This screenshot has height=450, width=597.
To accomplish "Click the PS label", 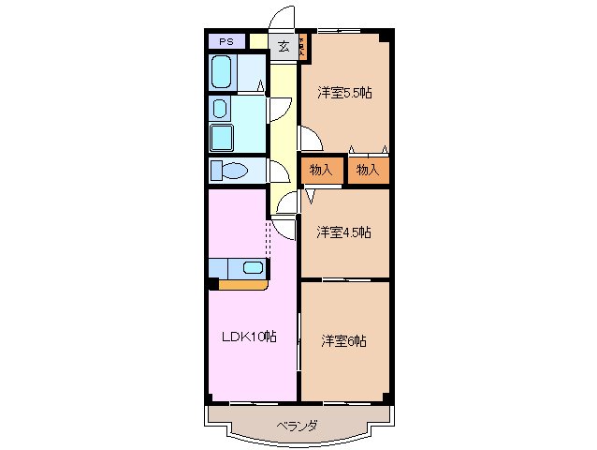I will pyautogui.click(x=226, y=41).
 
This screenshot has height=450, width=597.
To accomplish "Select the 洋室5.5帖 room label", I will pyautogui.click(x=343, y=92).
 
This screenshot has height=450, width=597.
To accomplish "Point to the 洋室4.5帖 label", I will pyautogui.click(x=343, y=232).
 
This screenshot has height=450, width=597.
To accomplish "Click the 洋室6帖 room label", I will pyautogui.click(x=343, y=340).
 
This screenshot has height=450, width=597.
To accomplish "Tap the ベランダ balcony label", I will pyautogui.click(x=298, y=425).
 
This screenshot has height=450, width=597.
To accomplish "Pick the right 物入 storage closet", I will pyautogui.click(x=368, y=170).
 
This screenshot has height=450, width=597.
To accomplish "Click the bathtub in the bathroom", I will pyautogui.click(x=223, y=72).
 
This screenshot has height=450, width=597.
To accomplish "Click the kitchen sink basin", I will pyautogui.click(x=253, y=267).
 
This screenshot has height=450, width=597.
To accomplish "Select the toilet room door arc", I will pyautogui.click(x=280, y=170).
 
